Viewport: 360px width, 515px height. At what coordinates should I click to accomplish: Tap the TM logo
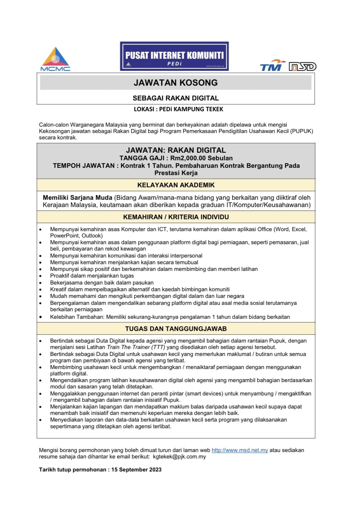point(272,66)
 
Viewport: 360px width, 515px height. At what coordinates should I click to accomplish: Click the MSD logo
point(302,67)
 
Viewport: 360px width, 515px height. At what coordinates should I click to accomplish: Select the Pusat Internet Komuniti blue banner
point(174,56)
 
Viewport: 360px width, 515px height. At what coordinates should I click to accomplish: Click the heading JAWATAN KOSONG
point(176,83)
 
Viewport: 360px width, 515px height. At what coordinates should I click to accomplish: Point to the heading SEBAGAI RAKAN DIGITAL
point(176,98)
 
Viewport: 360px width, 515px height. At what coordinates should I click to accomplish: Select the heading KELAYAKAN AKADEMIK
point(176,185)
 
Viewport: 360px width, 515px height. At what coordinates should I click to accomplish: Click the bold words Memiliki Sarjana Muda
point(77,198)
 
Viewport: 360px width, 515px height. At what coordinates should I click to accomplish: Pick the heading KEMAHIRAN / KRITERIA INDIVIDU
point(176,217)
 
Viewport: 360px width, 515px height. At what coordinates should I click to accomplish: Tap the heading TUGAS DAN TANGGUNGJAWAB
point(176,329)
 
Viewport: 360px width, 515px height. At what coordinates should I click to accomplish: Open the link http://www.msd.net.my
point(240,450)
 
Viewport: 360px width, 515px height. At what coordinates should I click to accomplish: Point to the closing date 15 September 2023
point(136,470)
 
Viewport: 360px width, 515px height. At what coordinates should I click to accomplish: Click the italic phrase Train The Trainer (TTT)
point(136,347)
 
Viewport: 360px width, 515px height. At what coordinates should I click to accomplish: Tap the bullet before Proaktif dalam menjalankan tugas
point(41,276)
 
